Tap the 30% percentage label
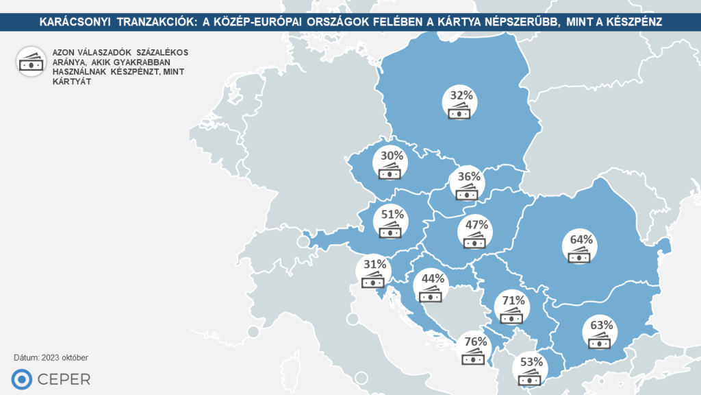point(392,156)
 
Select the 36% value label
point(469,176)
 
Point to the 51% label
point(392,214)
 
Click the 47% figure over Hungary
point(476,224)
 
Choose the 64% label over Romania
point(581,240)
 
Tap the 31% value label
point(375,263)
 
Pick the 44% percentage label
point(433,278)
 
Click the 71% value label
point(513,300)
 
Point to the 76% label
point(474,342)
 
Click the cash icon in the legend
point(31,61)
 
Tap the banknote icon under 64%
point(581,257)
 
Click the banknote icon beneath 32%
point(460,112)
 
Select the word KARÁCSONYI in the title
point(75,22)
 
